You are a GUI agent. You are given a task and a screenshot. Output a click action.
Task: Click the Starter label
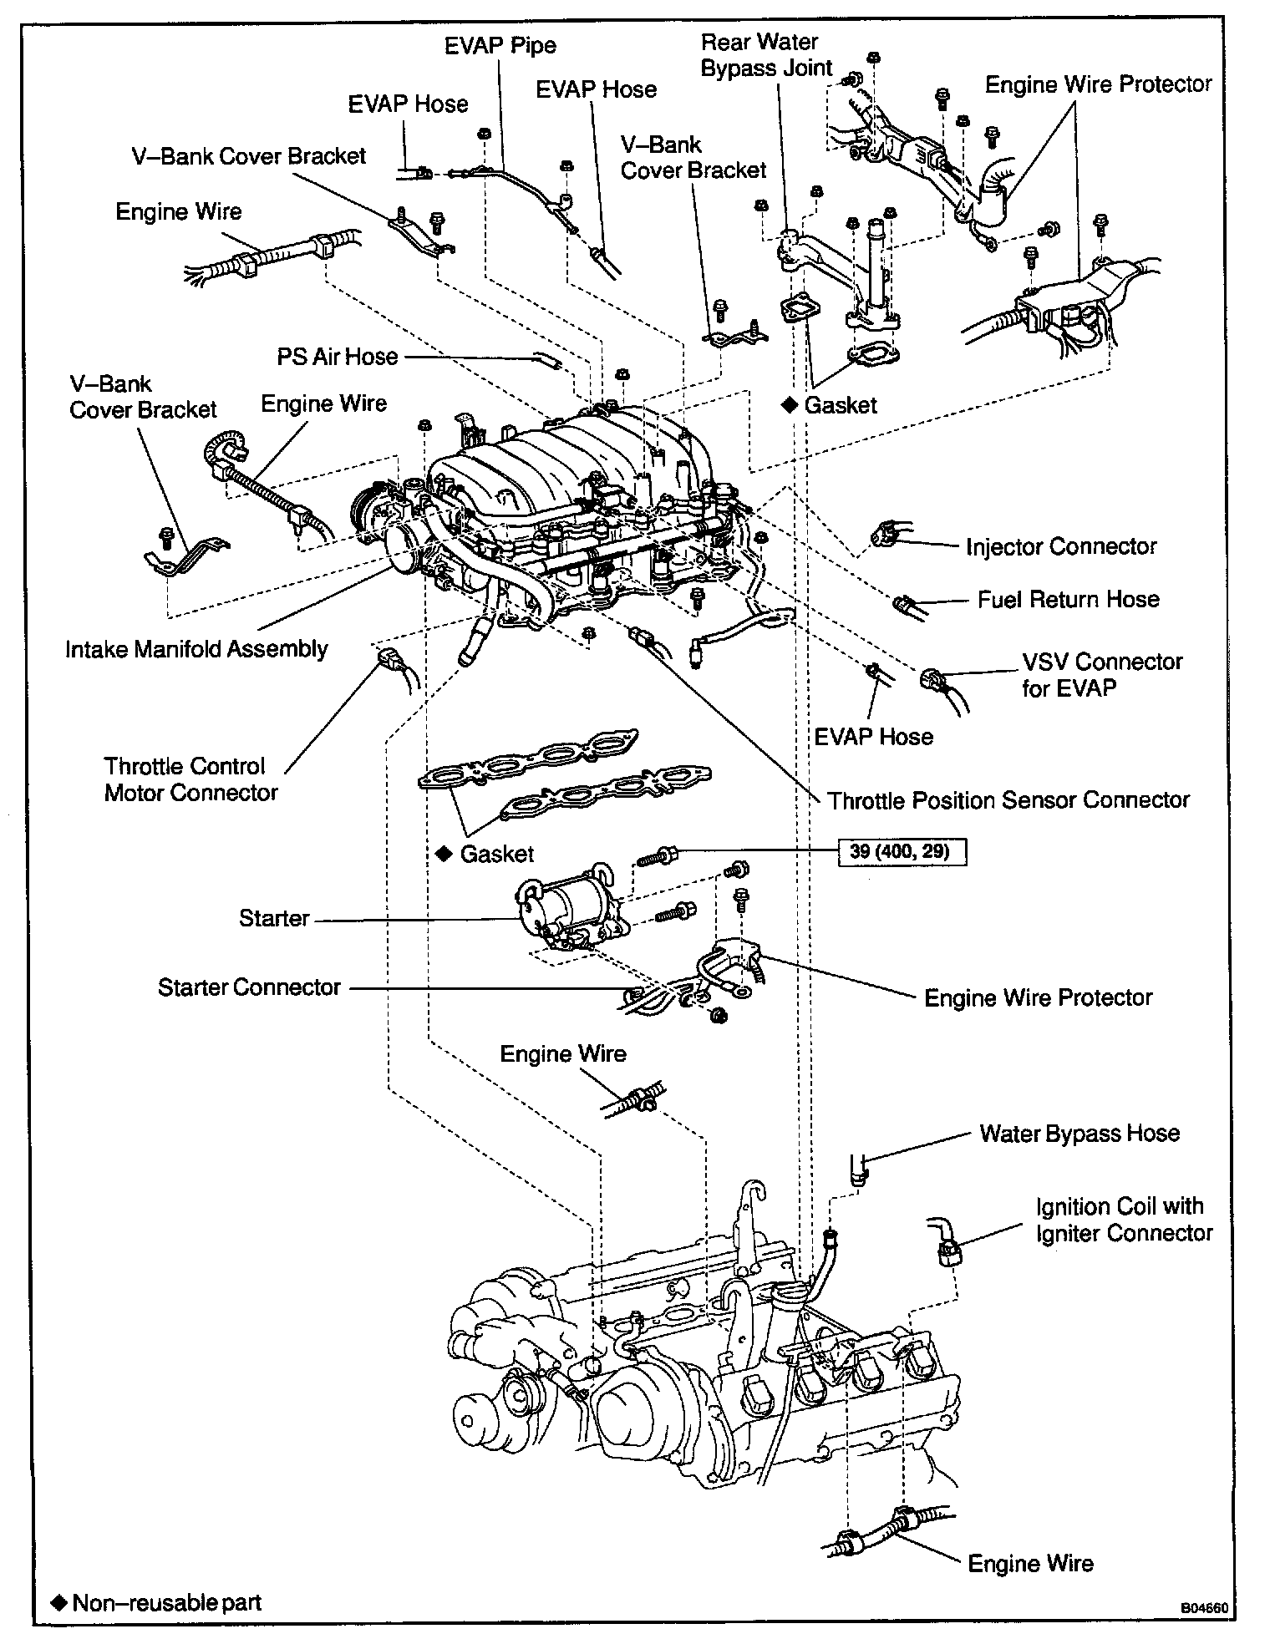(274, 919)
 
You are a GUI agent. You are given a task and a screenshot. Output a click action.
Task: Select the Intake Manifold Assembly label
(197, 649)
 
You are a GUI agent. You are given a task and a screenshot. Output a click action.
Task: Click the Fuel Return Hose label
(1069, 600)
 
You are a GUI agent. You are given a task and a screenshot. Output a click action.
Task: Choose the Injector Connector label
(1061, 547)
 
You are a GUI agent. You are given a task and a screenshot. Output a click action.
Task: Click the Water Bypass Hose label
(1079, 1134)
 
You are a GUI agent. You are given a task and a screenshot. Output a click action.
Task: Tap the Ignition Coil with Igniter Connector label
(1124, 1220)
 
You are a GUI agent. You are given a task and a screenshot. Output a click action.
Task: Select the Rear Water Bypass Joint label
(765, 55)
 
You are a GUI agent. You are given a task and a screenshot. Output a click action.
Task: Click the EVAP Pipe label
(500, 45)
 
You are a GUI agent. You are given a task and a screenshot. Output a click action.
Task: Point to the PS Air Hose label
(338, 358)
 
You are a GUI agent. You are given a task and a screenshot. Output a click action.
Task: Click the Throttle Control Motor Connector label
(190, 779)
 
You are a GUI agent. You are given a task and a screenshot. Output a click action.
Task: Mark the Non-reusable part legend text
(167, 1603)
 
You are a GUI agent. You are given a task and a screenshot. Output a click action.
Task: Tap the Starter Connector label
(249, 987)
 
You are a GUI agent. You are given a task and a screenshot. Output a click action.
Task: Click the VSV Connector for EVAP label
(1101, 674)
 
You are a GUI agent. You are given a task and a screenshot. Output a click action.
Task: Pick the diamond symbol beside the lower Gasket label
(444, 854)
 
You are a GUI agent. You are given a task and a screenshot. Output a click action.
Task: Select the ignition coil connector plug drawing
(949, 1251)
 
